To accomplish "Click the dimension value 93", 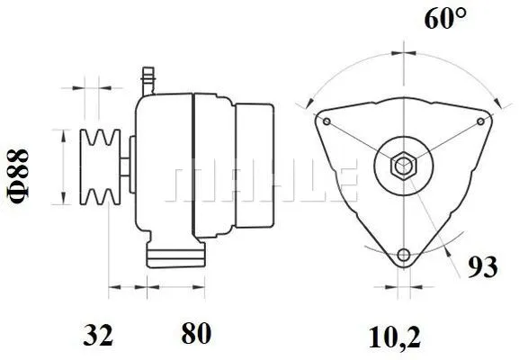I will coord(483,267).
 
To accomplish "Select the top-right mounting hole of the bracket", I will coord(480,121).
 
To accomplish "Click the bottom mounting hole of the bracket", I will coord(404,253).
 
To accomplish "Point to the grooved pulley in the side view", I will coord(100,166).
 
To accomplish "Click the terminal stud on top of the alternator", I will coord(149,79).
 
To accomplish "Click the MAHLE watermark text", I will coord(261,184).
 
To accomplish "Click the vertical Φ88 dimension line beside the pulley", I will coord(63,166).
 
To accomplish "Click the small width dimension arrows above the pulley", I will coord(91,88).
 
